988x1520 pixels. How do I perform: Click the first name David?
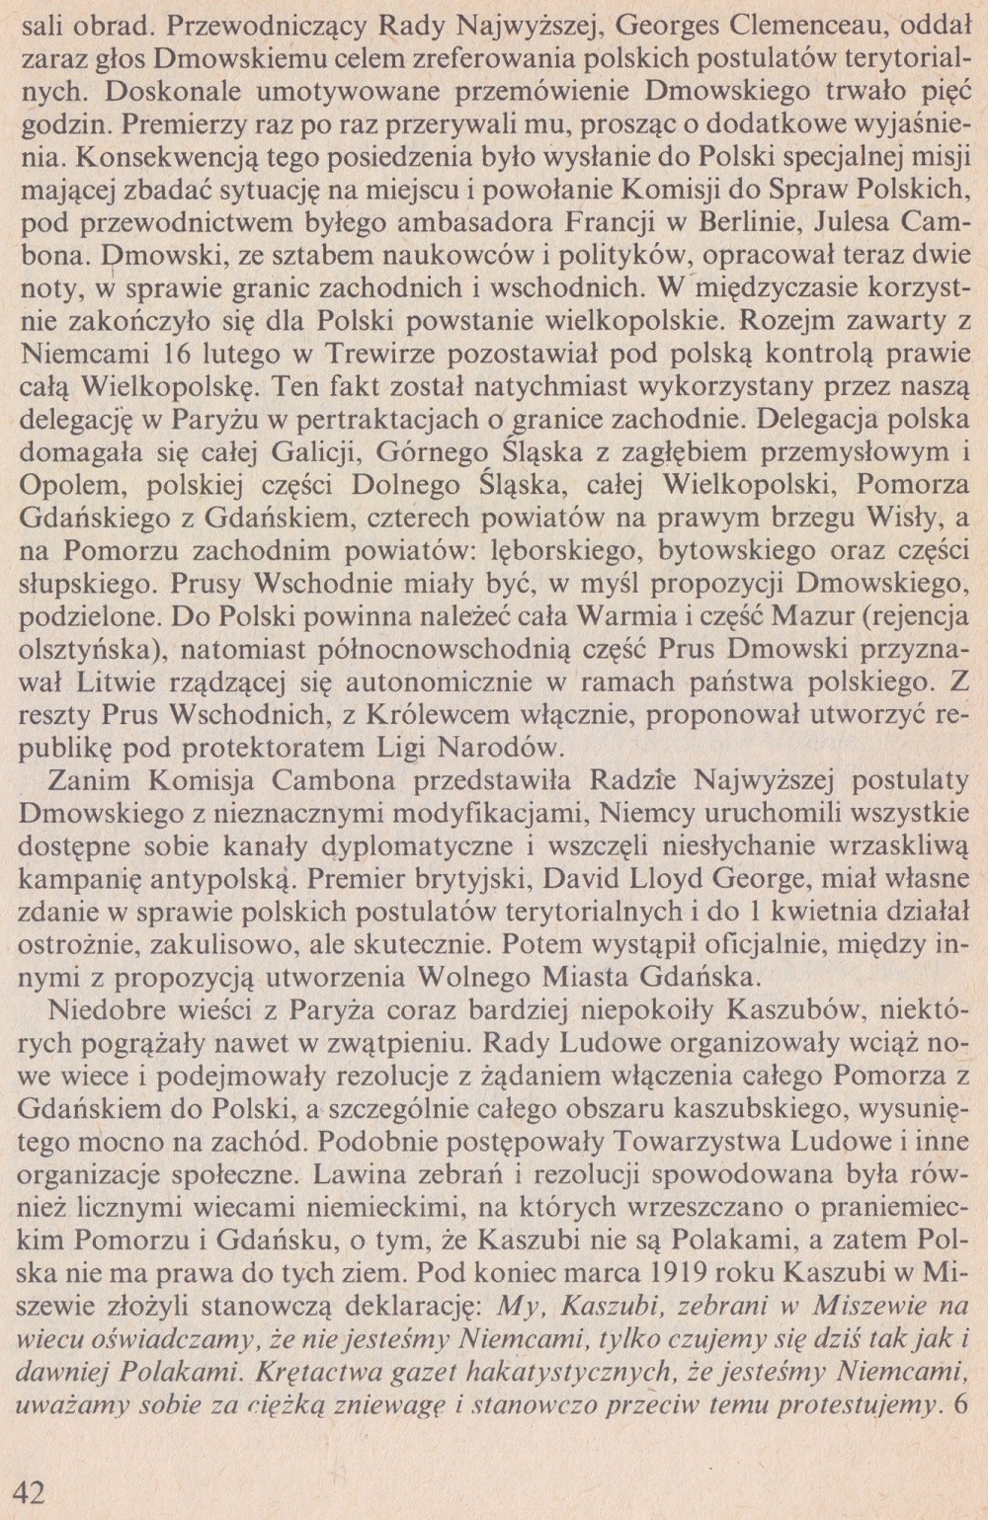625,877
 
